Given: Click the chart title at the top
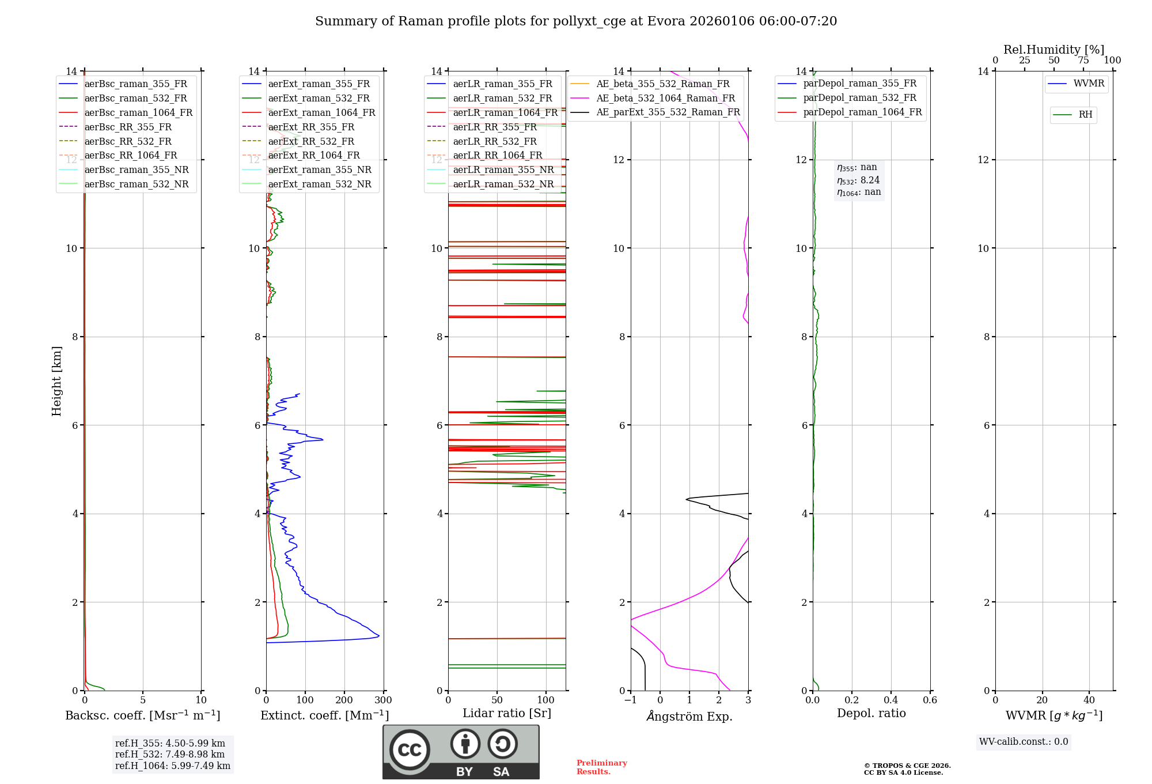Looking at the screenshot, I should [x=575, y=21].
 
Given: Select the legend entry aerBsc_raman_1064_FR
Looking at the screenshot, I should [x=138, y=113].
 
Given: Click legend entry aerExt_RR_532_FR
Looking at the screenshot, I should [x=311, y=141].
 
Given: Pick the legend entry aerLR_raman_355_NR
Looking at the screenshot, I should [x=503, y=170].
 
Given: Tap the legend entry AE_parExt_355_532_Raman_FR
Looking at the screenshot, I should [x=668, y=112].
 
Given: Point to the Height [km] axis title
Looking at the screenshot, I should [x=56, y=380].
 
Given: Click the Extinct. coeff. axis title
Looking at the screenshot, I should [x=325, y=715].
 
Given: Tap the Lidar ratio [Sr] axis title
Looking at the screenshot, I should [x=507, y=713].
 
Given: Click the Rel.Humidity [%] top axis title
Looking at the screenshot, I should [x=1054, y=50].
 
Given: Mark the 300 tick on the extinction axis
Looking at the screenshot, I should [x=383, y=700].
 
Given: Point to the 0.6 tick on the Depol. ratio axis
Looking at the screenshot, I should [x=930, y=700].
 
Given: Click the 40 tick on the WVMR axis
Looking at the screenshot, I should [x=1089, y=700].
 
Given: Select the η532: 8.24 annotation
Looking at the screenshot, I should [x=858, y=180].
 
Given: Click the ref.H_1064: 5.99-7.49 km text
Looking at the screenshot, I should [x=173, y=766].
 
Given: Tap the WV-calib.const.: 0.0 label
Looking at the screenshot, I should [x=1024, y=742].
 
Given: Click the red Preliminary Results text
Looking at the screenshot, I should [x=601, y=767].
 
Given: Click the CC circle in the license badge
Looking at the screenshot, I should [x=410, y=750].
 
